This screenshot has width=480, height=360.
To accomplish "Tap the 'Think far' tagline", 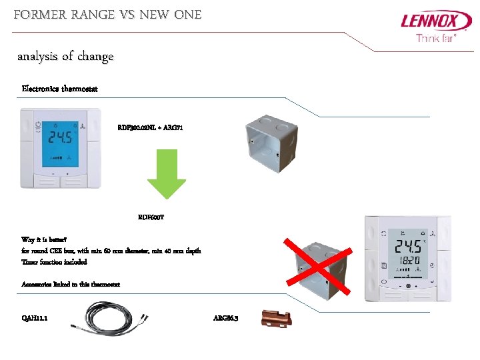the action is coord(436,39).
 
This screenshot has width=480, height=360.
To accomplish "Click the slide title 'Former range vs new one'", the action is coord(107,14).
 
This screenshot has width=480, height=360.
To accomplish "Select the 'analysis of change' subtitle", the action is coord(65,57).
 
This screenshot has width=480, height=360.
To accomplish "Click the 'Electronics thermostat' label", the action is coord(60,89).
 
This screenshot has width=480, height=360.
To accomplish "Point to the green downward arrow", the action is coord(166,173).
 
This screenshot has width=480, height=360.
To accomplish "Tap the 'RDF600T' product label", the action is coord(151,217).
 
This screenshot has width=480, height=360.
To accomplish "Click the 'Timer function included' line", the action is coord(54,262).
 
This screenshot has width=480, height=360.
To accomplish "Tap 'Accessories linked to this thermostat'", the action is coord(71,285).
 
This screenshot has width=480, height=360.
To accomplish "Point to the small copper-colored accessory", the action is coord(275,319).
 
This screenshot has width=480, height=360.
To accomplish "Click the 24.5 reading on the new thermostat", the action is coord(407,246).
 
